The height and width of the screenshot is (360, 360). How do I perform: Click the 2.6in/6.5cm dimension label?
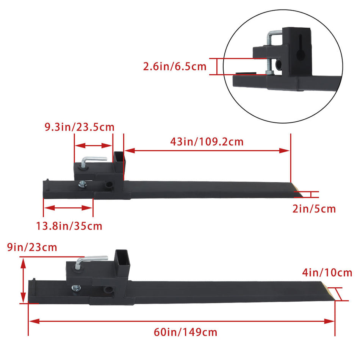click(x=175, y=67)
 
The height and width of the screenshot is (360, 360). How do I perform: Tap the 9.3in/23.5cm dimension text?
click(x=80, y=127)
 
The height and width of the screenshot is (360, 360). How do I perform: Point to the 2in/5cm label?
click(x=314, y=208)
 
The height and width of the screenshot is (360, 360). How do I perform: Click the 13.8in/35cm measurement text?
click(x=69, y=226)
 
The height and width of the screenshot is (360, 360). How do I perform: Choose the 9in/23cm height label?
click(x=32, y=247)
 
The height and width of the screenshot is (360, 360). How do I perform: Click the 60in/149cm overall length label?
click(x=186, y=332)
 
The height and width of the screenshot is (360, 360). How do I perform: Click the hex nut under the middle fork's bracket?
click(x=82, y=185)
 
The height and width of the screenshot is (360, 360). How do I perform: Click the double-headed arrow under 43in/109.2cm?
click(x=207, y=150)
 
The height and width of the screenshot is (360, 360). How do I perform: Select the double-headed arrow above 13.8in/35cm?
click(x=68, y=208)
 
